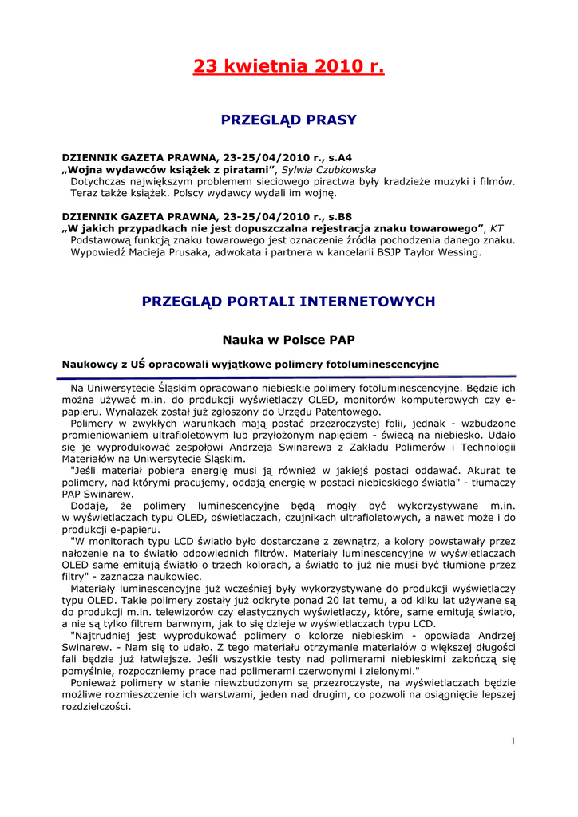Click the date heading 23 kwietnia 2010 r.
[x=288, y=66]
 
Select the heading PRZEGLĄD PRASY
[x=288, y=120]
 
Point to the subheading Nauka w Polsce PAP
[x=288, y=340]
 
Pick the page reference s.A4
[x=338, y=158]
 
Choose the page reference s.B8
[x=338, y=216]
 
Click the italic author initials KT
[x=497, y=228]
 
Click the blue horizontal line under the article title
[x=288, y=376]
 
